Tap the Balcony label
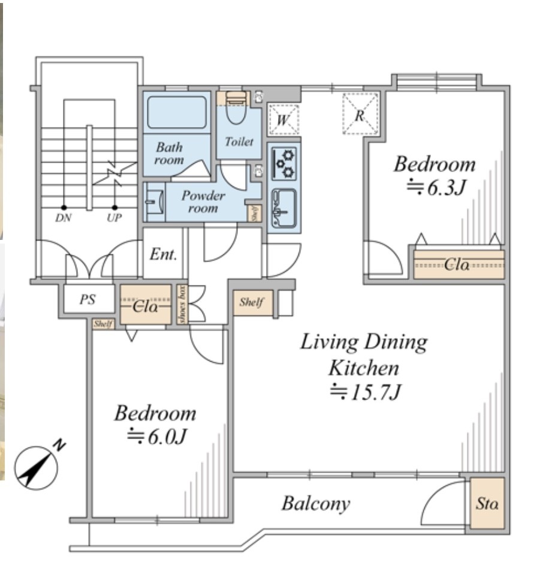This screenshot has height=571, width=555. (x=316, y=503)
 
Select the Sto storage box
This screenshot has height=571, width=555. (x=487, y=504)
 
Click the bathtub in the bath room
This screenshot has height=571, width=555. (x=177, y=113)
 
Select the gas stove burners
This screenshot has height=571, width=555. (x=284, y=163)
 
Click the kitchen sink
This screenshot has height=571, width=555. (x=283, y=207)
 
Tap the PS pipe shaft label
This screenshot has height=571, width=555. (x=88, y=299)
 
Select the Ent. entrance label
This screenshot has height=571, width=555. (x=164, y=254)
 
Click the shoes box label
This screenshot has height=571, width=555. (x=182, y=305)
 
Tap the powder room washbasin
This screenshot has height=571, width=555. (x=153, y=202)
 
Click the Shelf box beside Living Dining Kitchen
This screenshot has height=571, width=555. (x=252, y=302)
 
